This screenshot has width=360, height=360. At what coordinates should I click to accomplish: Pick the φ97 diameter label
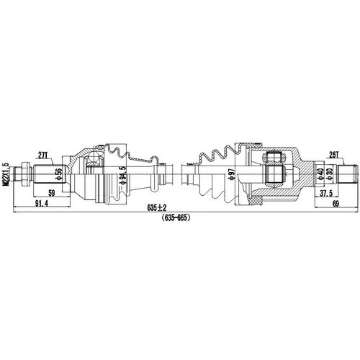point(231,175)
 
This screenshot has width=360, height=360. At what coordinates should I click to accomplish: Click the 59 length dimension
point(51,193)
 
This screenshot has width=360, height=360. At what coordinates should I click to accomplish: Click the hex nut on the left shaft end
point(23,174)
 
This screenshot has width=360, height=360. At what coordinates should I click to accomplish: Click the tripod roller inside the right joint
point(274,172)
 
